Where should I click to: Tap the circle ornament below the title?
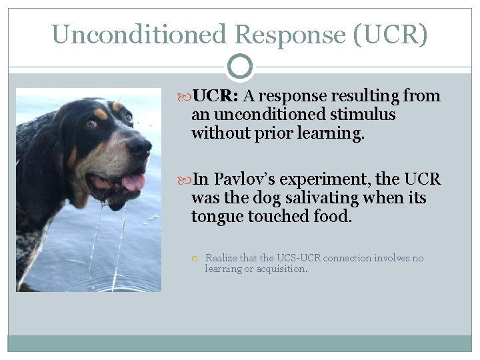[x=240, y=67]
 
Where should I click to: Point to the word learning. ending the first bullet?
[x=333, y=133]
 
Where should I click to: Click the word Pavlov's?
[x=247, y=180]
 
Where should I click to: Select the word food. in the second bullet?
[x=331, y=217]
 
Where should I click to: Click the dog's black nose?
[x=139, y=146]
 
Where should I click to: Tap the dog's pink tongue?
[x=133, y=181]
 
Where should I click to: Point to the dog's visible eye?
[x=91, y=123]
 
